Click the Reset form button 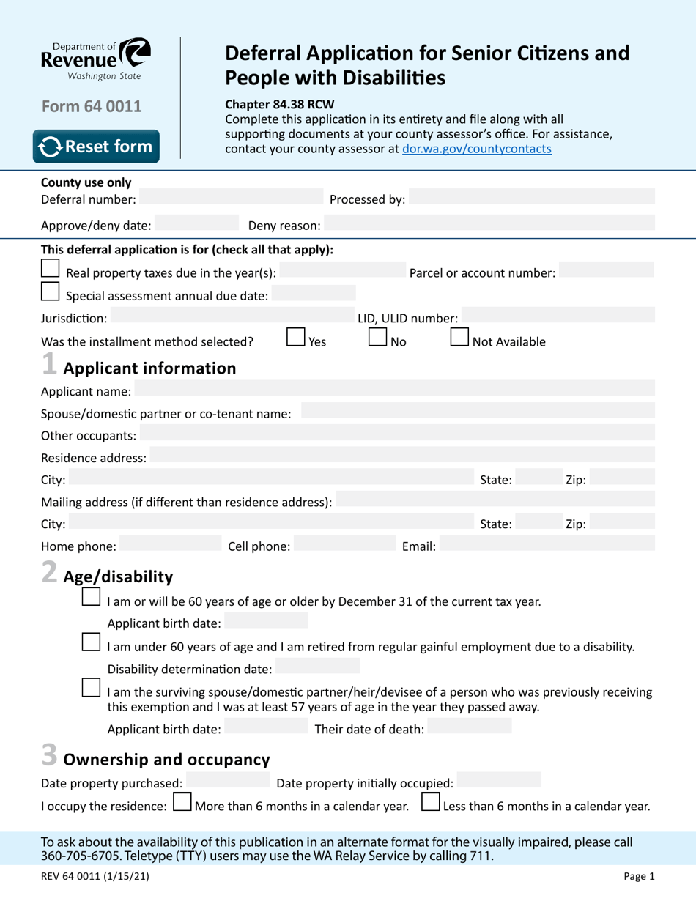(96, 147)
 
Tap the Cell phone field (344, 544)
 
